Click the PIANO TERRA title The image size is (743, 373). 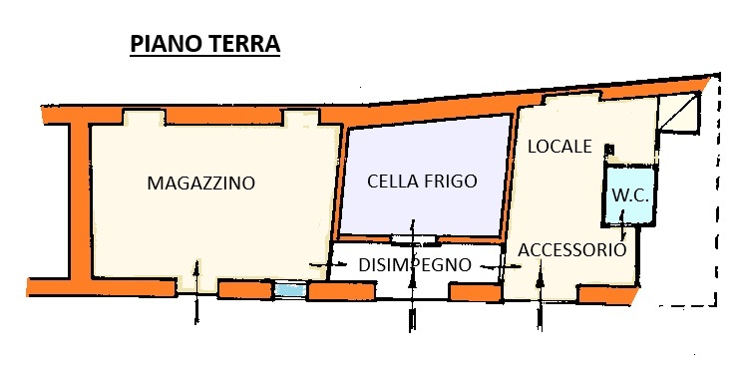(204, 44)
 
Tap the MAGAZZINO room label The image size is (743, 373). (200, 183)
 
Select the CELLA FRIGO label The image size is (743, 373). (422, 182)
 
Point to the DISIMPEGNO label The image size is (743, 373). (415, 265)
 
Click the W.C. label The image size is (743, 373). (630, 195)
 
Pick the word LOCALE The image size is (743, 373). (559, 147)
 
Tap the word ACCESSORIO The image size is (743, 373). (571, 249)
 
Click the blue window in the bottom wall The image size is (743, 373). (290, 289)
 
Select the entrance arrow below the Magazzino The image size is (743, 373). (196, 291)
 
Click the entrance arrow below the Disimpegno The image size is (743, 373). (412, 275)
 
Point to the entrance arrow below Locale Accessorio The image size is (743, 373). (540, 295)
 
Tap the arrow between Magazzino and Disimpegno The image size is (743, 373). (328, 264)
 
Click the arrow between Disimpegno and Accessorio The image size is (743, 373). (501, 267)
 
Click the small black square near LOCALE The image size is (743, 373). (609, 150)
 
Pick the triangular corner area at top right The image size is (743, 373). (678, 113)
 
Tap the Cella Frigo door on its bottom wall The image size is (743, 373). (413, 239)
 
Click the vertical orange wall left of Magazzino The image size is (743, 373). (80, 200)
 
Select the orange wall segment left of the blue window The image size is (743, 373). (245, 290)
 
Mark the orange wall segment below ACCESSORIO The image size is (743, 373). (607, 295)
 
